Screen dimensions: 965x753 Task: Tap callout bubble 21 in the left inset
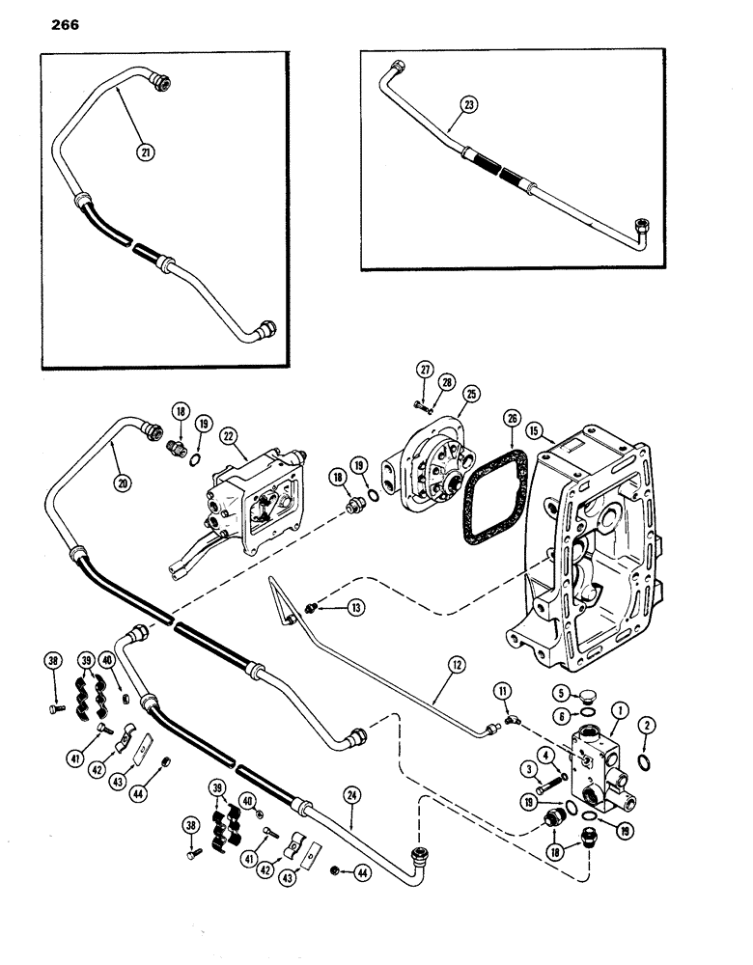click(145, 151)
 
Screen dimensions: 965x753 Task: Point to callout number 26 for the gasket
click(512, 418)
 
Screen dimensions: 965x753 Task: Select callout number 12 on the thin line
click(456, 664)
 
